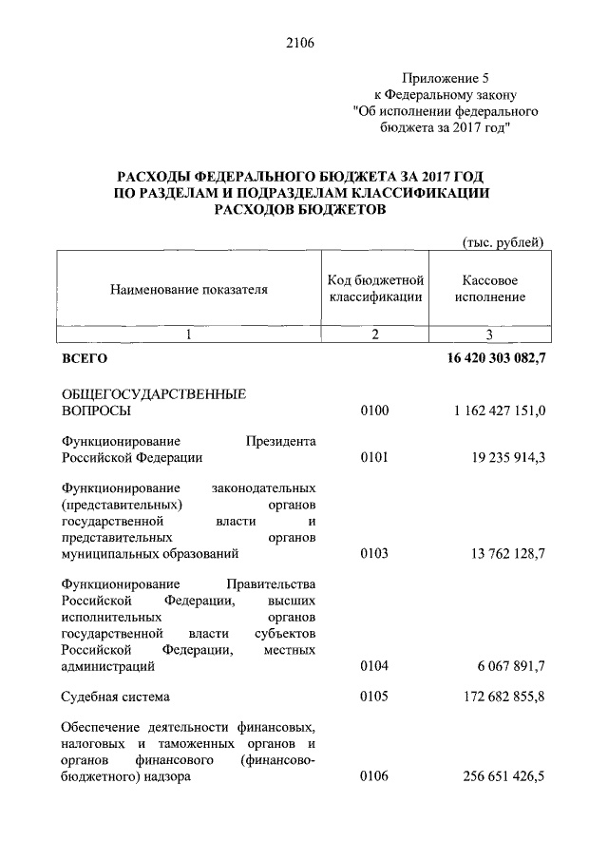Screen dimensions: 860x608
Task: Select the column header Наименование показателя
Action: coord(188,289)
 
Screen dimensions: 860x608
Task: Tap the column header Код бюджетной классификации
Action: coord(375,289)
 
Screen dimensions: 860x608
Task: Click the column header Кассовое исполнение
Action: coord(489,289)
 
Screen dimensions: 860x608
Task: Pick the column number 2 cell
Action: coord(375,334)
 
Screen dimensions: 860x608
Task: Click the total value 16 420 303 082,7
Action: coord(495,359)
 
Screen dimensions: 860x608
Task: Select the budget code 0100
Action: coord(375,411)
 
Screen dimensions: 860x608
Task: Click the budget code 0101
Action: coord(375,458)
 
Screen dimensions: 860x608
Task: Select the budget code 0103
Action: coord(375,553)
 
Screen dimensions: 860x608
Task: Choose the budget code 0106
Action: coord(375,777)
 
